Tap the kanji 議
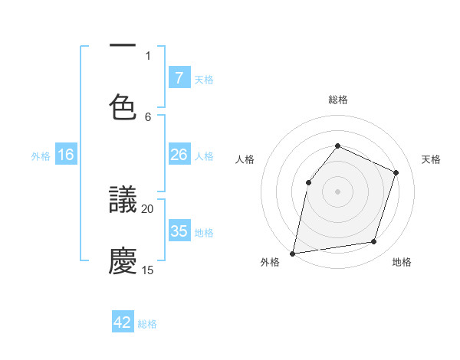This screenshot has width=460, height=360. tap(123, 200)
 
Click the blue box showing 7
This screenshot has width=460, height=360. tap(179, 77)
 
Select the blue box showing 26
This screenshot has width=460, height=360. tap(179, 155)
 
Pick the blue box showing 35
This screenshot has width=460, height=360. tap(179, 231)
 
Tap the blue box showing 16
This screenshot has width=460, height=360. tap(66, 155)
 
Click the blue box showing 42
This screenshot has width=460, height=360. tap(123, 322)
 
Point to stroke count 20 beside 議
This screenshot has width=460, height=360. tap(148, 208)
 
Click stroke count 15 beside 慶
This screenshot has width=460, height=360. tap(148, 270)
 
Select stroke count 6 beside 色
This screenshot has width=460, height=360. tap(148, 116)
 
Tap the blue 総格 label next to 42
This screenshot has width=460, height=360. tap(147, 324)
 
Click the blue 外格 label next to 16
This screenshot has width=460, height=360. tap(41, 155)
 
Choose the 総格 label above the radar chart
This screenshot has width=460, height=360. tap(337, 100)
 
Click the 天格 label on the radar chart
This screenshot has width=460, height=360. tap(431, 159)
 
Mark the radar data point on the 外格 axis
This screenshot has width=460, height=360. tap(293, 253)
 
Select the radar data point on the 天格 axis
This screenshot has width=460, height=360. tap(396, 172)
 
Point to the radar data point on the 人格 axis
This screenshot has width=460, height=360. tap(308, 182)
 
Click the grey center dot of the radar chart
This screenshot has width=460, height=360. tap(337, 191)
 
